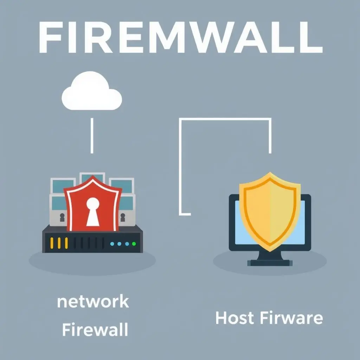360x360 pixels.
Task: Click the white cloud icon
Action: tap(92, 92)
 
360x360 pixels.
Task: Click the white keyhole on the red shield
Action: tap(93, 211)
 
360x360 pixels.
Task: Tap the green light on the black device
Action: tap(134, 243)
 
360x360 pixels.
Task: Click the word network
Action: tap(93, 302)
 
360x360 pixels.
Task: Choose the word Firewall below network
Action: tap(95, 330)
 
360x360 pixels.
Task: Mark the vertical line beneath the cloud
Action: tap(92, 135)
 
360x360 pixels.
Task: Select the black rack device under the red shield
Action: tap(93, 239)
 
